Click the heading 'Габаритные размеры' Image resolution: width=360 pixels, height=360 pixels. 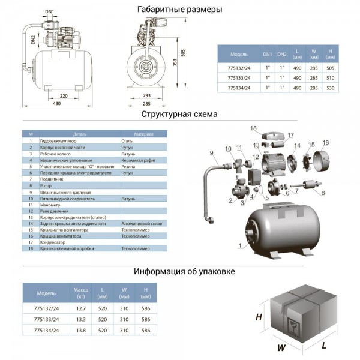pos(180,10)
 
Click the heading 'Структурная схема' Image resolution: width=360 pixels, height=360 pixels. pos(179,114)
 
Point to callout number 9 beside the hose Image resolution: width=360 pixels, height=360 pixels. pos(213,154)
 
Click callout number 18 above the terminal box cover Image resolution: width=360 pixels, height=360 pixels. pos(254,128)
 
